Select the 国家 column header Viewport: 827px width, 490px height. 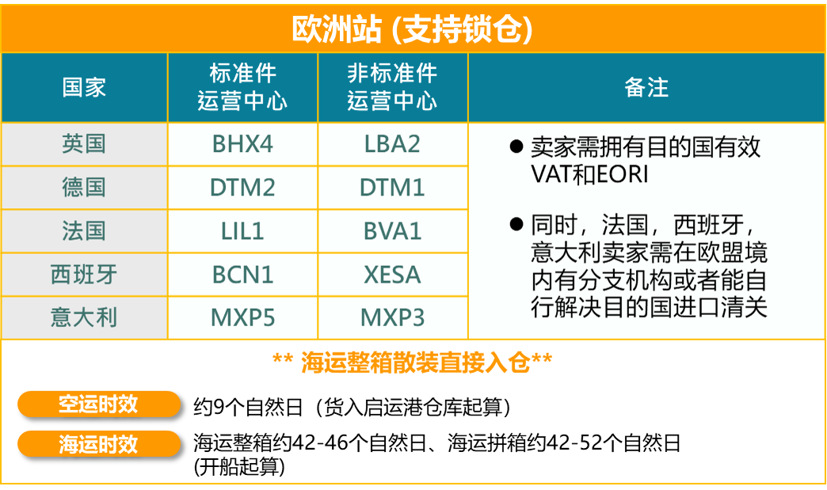[84, 87]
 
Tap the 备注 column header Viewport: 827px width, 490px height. [646, 87]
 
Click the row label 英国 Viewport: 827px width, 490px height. [84, 144]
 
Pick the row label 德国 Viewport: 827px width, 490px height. [84, 188]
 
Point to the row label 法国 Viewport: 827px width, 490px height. [84, 231]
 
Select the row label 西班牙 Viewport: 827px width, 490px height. [84, 275]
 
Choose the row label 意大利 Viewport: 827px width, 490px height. [84, 317]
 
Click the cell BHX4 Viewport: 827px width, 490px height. [242, 144]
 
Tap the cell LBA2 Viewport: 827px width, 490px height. [392, 144]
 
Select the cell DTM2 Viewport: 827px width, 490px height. [242, 188]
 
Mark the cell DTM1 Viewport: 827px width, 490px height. [392, 188]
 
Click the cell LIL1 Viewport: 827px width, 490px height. [242, 231]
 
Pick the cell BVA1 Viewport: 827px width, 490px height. [392, 231]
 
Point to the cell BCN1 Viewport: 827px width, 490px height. [242, 275]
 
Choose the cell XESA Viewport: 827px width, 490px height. [392, 275]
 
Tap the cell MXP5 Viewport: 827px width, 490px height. [242, 317]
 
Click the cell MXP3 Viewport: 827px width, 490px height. [392, 317]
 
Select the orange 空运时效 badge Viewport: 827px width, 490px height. [98, 405]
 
